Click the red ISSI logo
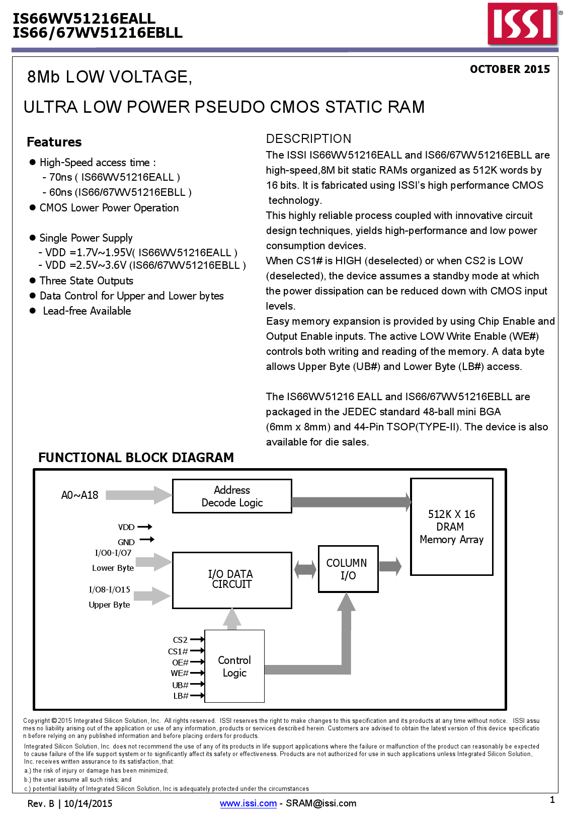pos(522,24)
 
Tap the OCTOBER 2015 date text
pos(510,69)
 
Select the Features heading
pos(54,142)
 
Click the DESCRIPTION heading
pos(308,139)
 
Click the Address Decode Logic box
pos(232,496)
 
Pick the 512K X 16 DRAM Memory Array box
pos(451,527)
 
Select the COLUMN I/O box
pos(348,569)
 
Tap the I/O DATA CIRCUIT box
pos(232,580)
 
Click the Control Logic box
pos(234,666)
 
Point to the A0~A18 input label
pos(79,495)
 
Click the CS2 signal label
pos(180,640)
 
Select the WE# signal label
pos(180,674)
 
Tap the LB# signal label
pos(181,696)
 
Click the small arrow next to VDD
pos(145,527)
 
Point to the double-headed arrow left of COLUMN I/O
pos(305,570)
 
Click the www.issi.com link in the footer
pos(248,803)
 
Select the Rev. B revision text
pos(41,803)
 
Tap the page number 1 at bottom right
pos(552,800)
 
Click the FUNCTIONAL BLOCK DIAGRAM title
pos(136,458)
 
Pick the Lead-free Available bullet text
pos(87,311)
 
